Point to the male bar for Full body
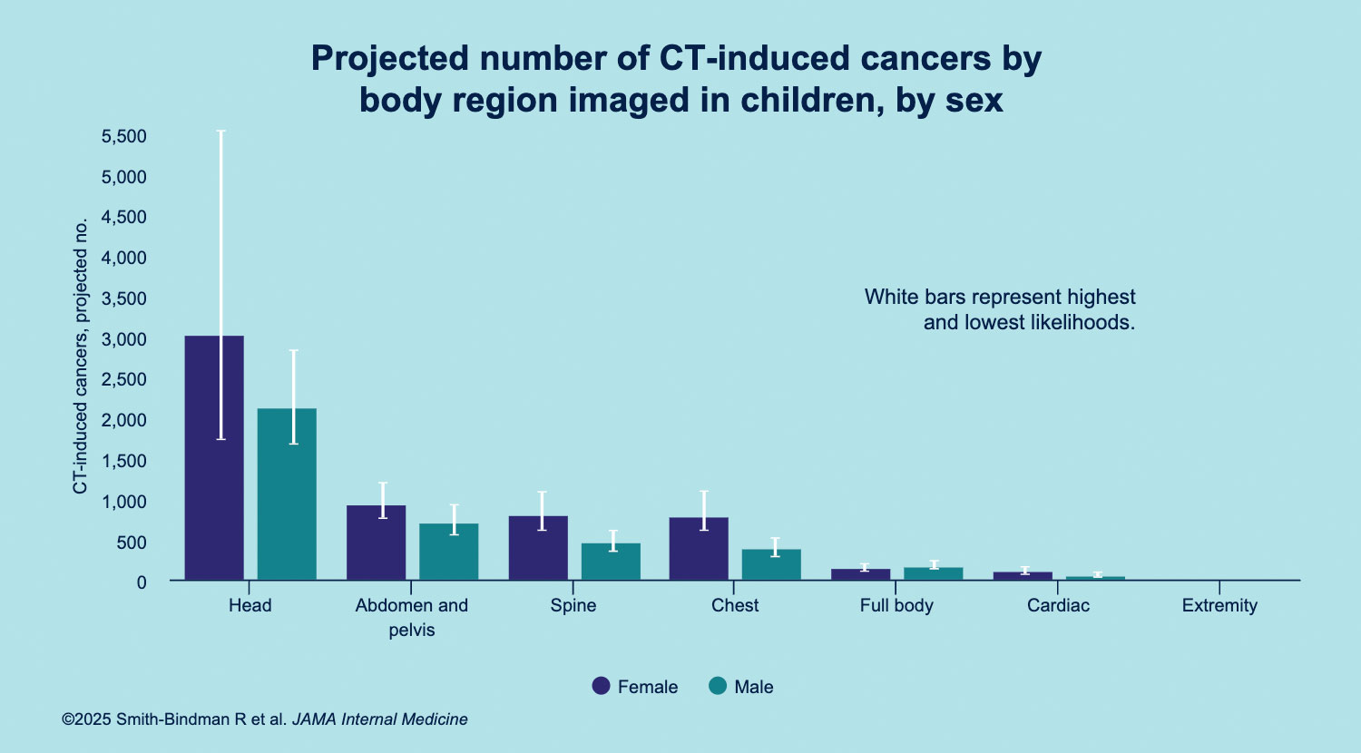[933, 573]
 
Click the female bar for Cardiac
[1023, 575]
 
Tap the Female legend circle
[601, 686]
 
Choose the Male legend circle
[718, 686]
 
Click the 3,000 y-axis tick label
[124, 339]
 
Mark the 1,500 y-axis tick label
[124, 461]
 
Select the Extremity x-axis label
[1219, 606]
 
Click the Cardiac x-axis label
[1058, 606]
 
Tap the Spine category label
[573, 606]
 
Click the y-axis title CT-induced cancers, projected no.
[81, 356]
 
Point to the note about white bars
[1000, 309]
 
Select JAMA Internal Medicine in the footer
[379, 719]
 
